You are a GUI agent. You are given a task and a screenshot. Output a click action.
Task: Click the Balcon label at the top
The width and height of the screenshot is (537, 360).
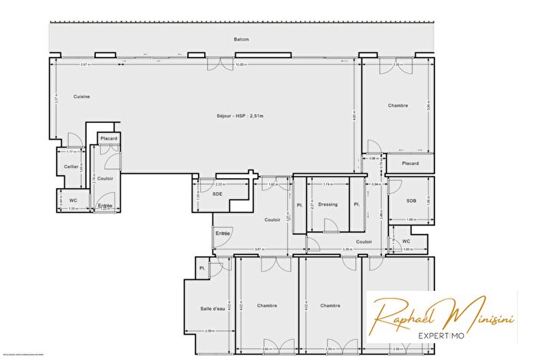[x=242, y=39]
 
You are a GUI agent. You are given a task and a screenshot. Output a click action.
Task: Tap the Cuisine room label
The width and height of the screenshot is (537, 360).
[x=82, y=97]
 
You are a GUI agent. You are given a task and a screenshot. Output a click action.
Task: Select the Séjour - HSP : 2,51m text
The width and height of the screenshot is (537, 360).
[x=241, y=115]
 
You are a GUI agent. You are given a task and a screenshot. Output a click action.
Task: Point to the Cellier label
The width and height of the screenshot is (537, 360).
[x=71, y=166]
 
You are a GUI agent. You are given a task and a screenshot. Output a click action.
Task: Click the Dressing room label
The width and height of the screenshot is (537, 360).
[x=328, y=204]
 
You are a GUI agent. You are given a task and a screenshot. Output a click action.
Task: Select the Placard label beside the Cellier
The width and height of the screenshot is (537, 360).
[x=109, y=138]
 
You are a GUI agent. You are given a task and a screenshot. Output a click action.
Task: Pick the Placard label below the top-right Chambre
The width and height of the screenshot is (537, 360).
[x=410, y=163]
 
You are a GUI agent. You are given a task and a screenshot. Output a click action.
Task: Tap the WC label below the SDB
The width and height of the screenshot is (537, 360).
[x=406, y=241]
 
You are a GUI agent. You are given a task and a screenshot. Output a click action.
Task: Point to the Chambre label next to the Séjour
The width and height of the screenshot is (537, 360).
[x=397, y=106]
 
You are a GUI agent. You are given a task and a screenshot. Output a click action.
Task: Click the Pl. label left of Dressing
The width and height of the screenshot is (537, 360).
[x=300, y=204]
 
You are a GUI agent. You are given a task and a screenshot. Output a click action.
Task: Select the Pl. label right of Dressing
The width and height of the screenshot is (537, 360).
[x=356, y=204]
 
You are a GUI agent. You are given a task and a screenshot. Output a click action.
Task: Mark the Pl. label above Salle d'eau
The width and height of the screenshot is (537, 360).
[x=202, y=268]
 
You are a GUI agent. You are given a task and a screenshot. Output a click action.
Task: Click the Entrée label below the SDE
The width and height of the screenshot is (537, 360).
[x=222, y=233]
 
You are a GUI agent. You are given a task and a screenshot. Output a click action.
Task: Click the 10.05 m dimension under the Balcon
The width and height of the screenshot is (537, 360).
[x=242, y=64]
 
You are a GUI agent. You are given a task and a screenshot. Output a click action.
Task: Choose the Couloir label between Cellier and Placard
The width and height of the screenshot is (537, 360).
[x=106, y=178]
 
